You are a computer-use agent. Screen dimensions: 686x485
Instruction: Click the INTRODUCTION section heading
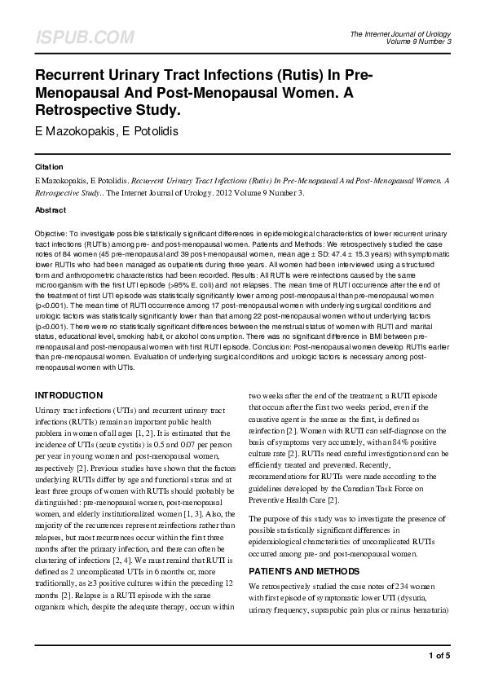coord(68,395)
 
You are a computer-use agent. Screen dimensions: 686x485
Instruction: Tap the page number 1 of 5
coord(439,655)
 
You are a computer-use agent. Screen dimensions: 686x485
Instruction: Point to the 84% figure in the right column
coord(421,441)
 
